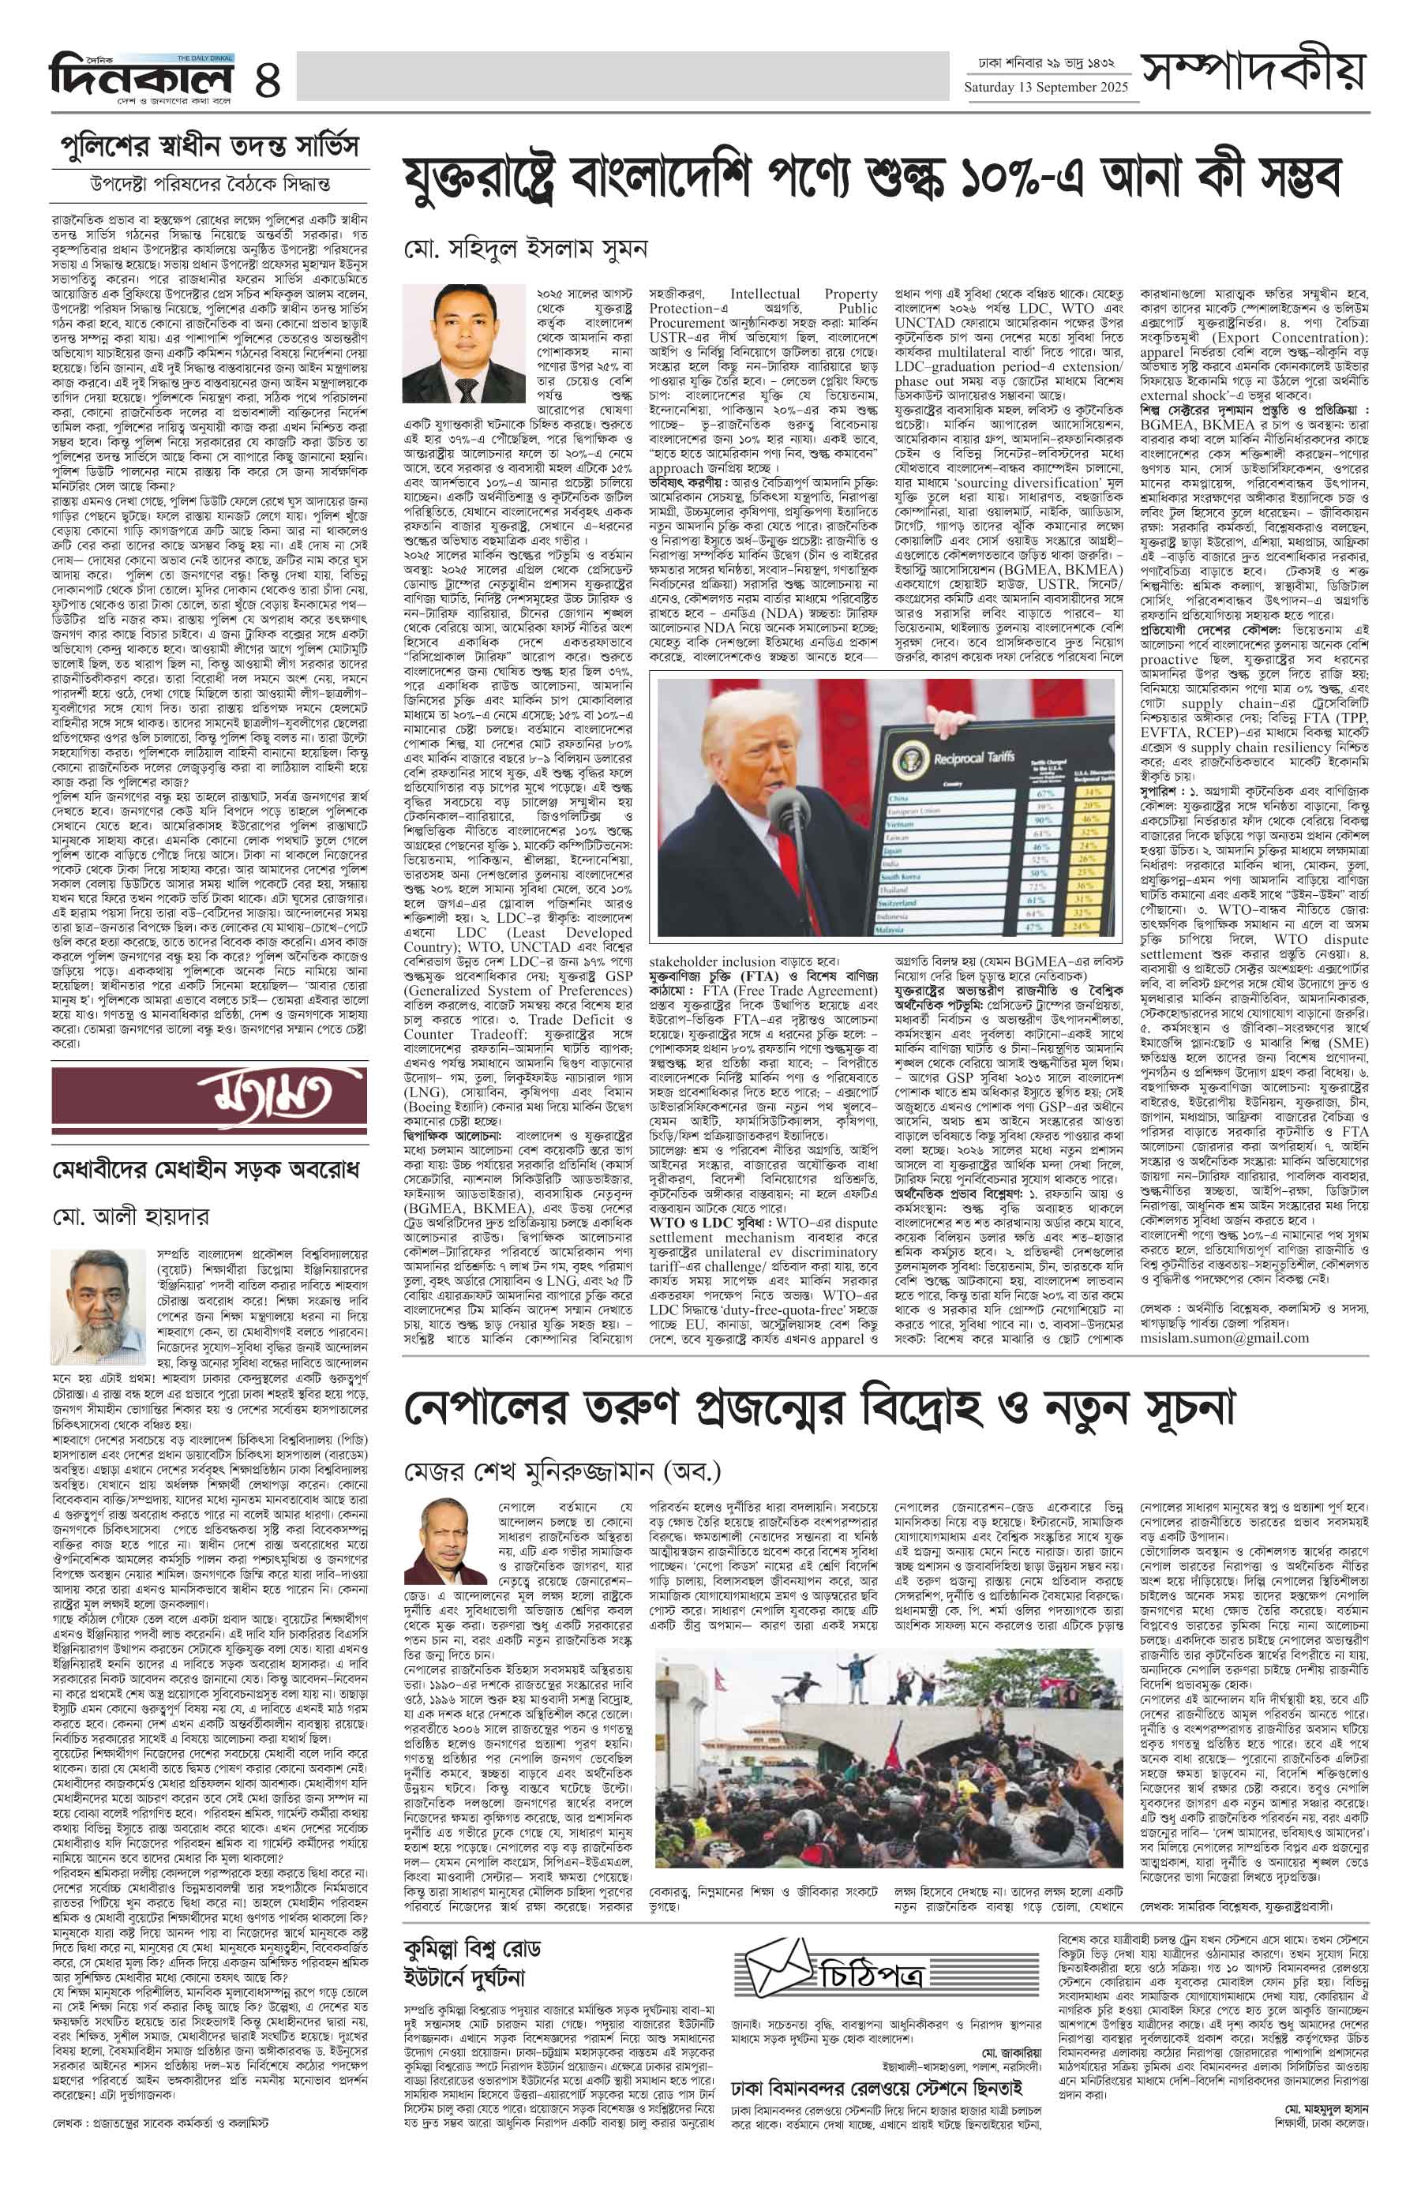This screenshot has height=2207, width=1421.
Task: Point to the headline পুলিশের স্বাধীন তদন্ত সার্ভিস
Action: [208, 146]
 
